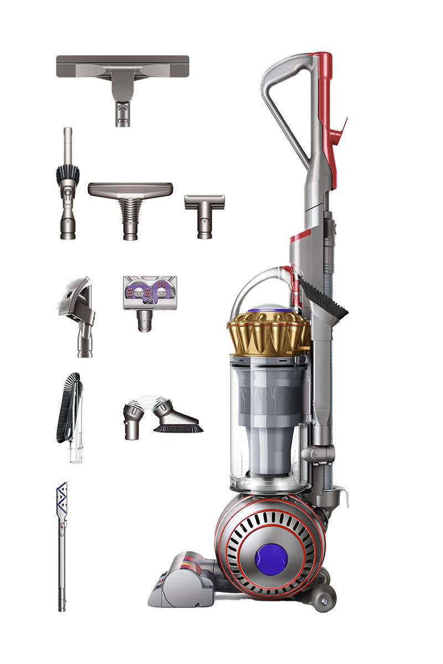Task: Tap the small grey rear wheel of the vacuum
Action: click(x=323, y=600)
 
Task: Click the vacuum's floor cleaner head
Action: click(x=183, y=581)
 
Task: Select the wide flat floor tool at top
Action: click(x=122, y=72)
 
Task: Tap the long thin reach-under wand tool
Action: click(x=62, y=553)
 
